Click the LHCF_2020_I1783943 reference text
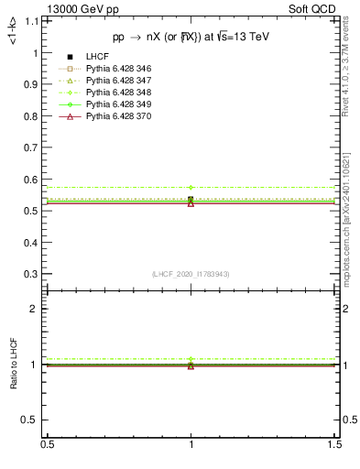(x=190, y=274)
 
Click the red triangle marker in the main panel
(x=191, y=202)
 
